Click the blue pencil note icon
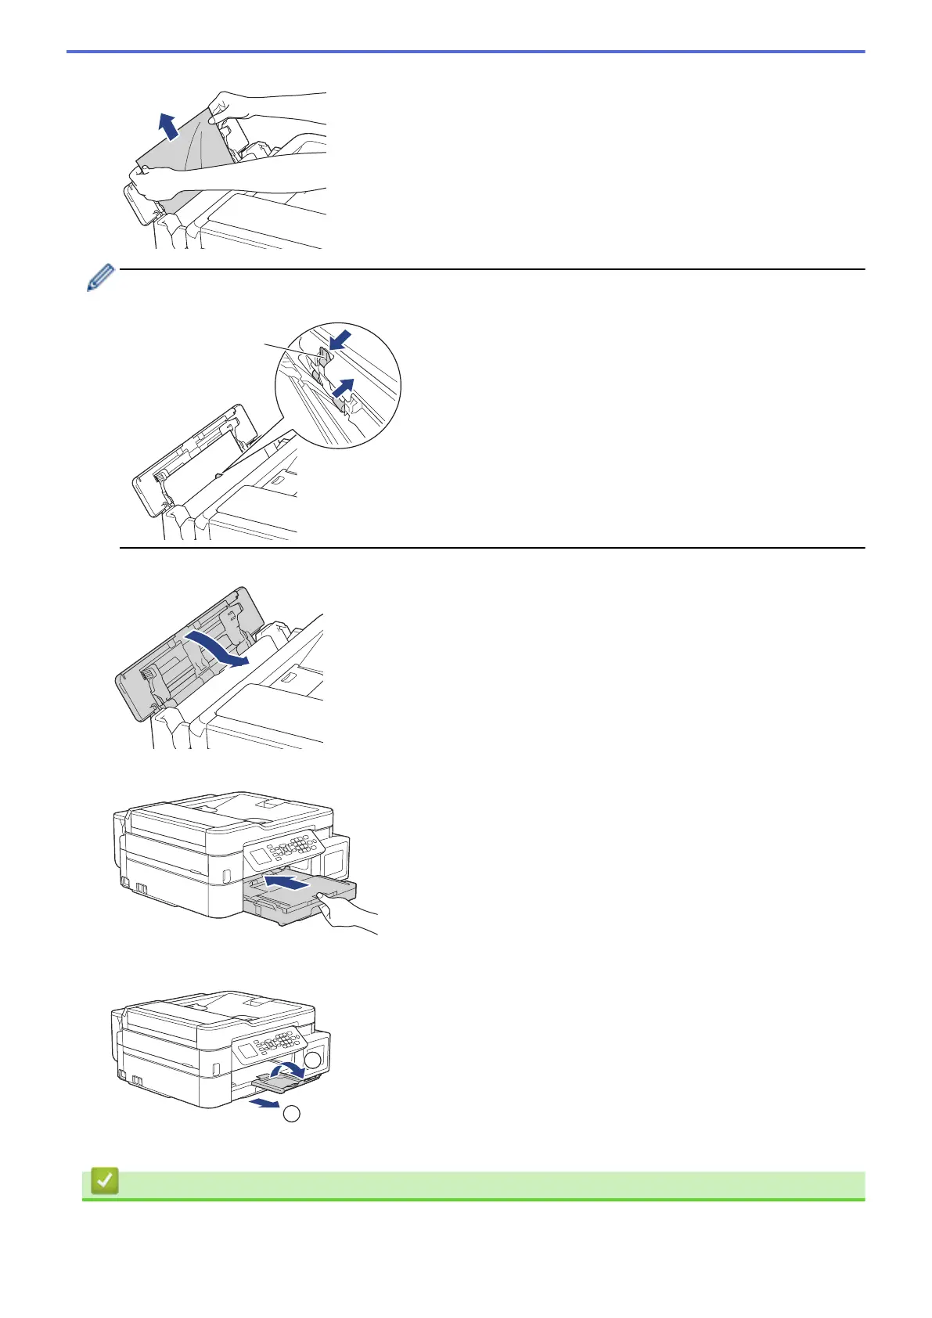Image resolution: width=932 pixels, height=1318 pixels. click(x=101, y=279)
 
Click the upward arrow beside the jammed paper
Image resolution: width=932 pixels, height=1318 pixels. click(x=167, y=126)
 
